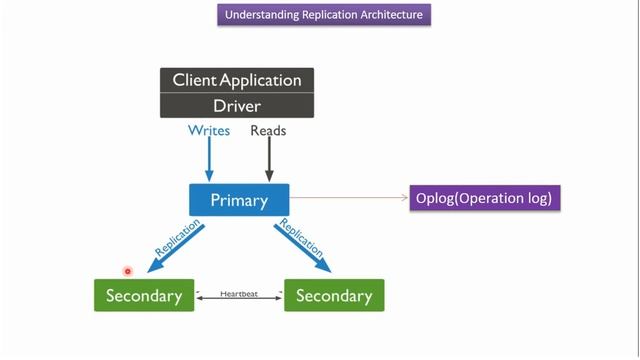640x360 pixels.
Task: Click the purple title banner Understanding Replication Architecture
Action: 324,15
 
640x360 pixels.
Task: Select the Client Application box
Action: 237,80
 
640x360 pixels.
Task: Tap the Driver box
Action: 237,105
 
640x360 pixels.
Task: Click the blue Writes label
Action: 209,131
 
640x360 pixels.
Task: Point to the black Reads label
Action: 268,131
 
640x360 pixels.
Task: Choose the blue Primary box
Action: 239,200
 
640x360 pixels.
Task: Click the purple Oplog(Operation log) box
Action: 484,198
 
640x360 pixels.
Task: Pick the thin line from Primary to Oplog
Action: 350,198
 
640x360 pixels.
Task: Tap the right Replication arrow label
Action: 302,239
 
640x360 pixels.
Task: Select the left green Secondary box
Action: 144,296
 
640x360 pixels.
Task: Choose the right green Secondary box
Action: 334,296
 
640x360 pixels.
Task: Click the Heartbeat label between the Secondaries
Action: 239,293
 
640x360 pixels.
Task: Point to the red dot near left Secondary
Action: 128,271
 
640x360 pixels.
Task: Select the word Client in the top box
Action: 195,80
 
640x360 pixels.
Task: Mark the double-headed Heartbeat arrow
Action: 239,299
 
